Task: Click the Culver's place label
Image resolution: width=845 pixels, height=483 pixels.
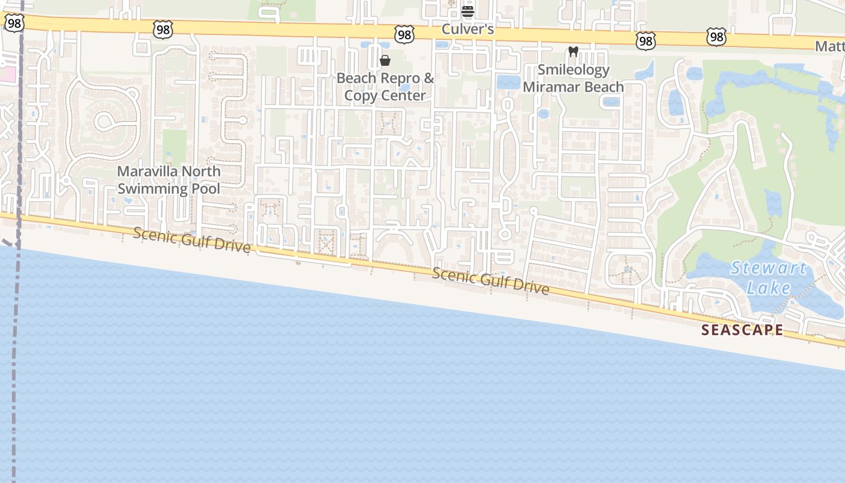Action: pos(468,29)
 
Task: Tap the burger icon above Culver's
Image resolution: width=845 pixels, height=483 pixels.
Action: pos(468,11)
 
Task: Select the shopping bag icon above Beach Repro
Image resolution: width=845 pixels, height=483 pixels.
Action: pos(385,60)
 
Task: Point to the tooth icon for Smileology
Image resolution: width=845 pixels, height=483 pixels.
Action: pos(573,53)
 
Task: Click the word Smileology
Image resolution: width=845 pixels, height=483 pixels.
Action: pos(573,70)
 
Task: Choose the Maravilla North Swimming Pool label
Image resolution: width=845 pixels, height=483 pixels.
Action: pos(169,180)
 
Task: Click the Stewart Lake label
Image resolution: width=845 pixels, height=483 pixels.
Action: pos(768,277)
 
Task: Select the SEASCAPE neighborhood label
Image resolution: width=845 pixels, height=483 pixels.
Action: pos(742,330)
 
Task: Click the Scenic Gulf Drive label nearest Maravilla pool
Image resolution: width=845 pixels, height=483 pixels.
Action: pos(191,240)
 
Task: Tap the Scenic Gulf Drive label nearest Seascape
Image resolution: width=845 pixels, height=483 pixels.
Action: pos(490,281)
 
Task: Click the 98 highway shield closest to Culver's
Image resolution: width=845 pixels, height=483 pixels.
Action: pos(404,34)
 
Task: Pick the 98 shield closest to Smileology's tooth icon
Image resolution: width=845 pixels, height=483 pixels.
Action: pos(646,40)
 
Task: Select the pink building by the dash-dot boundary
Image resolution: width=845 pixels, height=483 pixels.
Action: pos(5,75)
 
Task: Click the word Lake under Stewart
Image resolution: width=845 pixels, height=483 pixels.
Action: pos(768,287)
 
